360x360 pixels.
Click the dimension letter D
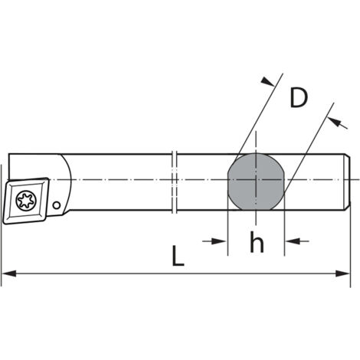click(x=299, y=98)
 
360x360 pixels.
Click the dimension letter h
click(x=257, y=242)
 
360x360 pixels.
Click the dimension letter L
click(x=178, y=256)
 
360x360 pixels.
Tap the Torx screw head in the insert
click(x=26, y=200)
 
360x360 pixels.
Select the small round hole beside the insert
click(x=57, y=205)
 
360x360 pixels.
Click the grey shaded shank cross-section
click(x=256, y=182)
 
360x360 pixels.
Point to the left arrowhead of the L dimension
click(x=9, y=273)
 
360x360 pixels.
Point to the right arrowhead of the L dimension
click(x=343, y=273)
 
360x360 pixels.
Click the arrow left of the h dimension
click(x=214, y=241)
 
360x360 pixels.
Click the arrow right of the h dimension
click(x=297, y=241)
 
